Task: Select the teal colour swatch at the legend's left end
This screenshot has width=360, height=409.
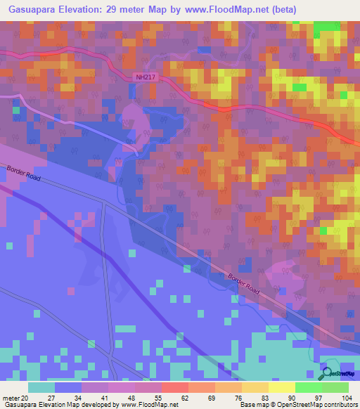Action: coord(41,387)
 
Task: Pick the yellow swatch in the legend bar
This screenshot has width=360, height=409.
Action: coord(281,387)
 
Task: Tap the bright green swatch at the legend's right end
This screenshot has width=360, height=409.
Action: coord(335,387)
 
